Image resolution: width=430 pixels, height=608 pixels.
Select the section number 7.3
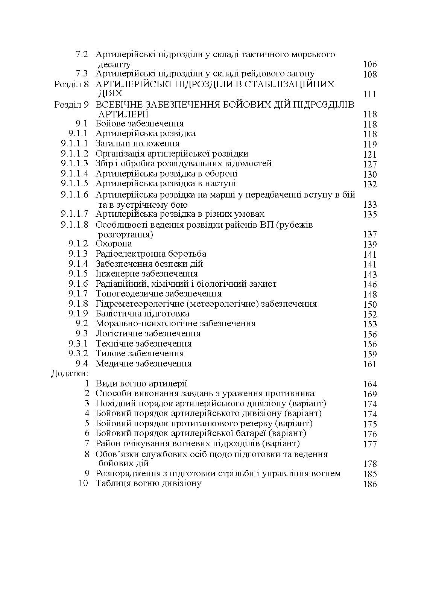pyautogui.click(x=82, y=74)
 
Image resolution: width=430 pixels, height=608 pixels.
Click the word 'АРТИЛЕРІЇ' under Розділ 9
pyautogui.click(x=123, y=114)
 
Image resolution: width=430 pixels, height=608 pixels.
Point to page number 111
pyautogui.click(x=370, y=94)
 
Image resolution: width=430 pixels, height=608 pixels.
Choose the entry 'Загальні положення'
pyautogui.click(x=137, y=144)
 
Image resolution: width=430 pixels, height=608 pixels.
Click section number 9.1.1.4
pyautogui.click(x=74, y=174)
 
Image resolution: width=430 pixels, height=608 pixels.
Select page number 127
pyautogui.click(x=370, y=164)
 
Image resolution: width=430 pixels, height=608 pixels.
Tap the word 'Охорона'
pyautogui.click(x=114, y=244)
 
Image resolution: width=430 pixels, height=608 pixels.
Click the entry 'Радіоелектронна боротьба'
pyautogui.click(x=151, y=254)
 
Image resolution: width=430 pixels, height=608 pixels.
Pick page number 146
pyautogui.click(x=370, y=284)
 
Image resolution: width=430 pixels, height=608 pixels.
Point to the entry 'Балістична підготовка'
pyautogui.click(x=142, y=314)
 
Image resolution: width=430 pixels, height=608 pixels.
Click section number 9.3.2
pyautogui.click(x=78, y=354)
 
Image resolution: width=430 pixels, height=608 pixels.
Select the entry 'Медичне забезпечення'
pyautogui.click(x=143, y=364)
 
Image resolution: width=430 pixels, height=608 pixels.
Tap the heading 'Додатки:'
pyautogui.click(x=70, y=374)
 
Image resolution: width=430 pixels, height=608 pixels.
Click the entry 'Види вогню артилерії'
pyautogui.click(x=141, y=384)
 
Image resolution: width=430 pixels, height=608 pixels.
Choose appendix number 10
pyautogui.click(x=83, y=483)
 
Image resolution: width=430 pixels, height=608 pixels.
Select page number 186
pyautogui.click(x=370, y=484)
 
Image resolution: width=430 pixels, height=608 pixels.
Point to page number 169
pyautogui.click(x=370, y=394)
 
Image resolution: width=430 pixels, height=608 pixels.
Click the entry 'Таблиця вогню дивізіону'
pyautogui.click(x=148, y=483)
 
